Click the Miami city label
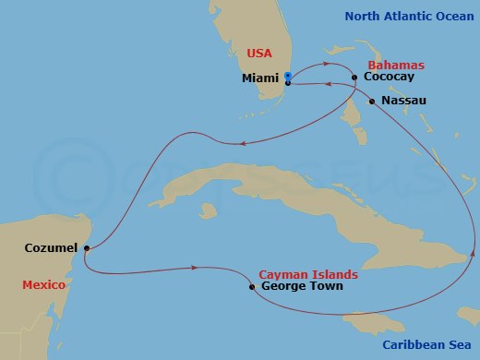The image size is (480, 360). point(260,78)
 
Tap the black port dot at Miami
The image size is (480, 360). point(288,83)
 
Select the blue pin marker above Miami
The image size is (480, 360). point(288,76)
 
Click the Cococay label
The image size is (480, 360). point(389,78)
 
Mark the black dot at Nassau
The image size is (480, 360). point(372,101)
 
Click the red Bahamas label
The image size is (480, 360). point(396,66)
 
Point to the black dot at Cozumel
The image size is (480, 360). point(86,248)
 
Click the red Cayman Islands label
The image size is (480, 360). point(308,275)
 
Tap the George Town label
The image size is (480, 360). point(302,287)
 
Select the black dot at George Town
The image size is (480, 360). point(252,287)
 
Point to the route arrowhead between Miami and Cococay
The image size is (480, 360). point(327,66)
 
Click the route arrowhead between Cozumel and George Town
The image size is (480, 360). point(195,269)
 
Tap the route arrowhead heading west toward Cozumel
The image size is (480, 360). point(243,143)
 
